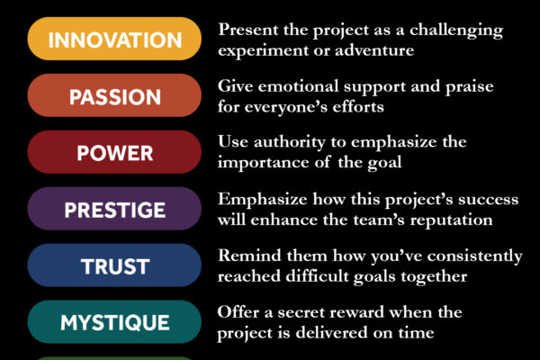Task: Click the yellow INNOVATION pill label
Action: point(114,39)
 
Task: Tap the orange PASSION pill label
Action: point(114,95)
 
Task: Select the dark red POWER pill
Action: point(114,152)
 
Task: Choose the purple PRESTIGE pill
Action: point(114,209)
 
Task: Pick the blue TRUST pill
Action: point(114,265)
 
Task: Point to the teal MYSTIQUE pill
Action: point(114,322)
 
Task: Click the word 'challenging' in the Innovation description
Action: point(456,31)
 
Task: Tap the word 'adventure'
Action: point(374,50)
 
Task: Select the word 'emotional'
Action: point(299,86)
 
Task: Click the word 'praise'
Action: point(470,87)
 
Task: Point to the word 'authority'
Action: point(289,143)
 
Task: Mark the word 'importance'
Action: point(263,163)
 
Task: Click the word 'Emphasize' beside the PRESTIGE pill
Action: point(263,200)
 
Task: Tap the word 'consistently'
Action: point(475,256)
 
